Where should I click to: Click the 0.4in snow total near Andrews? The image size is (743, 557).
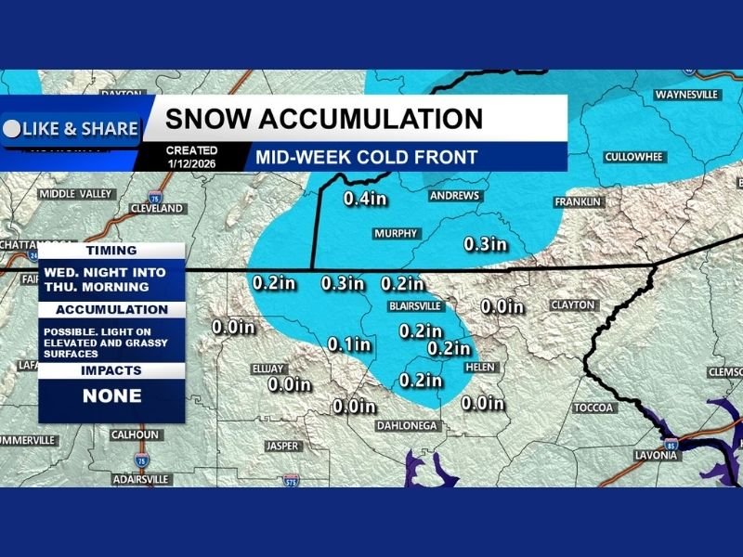point(365,198)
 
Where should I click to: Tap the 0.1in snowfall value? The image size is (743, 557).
point(349,344)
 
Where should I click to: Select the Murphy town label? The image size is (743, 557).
point(396,234)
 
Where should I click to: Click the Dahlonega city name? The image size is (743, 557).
point(406,425)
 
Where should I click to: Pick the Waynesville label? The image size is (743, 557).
point(687,96)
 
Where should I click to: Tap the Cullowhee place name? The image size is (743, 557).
point(632,157)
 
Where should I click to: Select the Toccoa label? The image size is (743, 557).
point(594,408)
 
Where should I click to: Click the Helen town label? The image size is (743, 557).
point(480,368)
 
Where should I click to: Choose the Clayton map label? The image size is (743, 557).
point(572,304)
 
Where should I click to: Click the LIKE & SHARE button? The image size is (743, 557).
point(71,129)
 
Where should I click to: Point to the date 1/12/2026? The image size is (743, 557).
point(191,163)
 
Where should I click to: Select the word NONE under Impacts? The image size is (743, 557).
point(112,395)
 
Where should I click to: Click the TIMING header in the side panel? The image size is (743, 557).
point(111,251)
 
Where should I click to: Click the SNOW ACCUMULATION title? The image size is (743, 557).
point(324,119)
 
